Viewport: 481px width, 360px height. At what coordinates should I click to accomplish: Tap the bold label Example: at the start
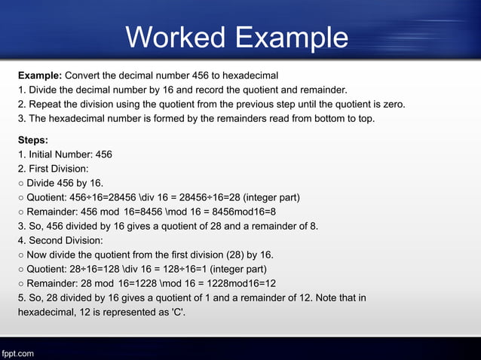[40, 75]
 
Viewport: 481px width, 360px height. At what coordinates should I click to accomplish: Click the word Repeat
[45, 104]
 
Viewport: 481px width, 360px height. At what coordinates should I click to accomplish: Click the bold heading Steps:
[33, 140]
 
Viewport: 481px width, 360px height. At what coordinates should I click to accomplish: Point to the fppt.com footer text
[17, 352]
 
